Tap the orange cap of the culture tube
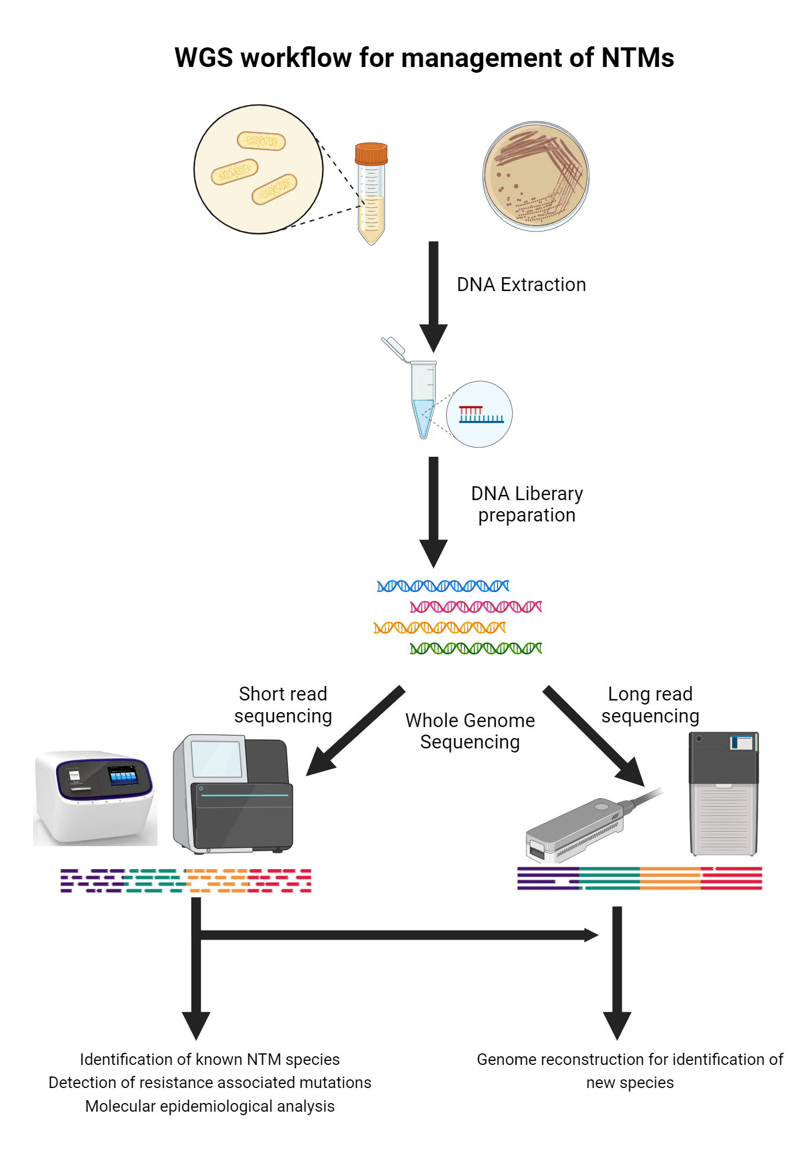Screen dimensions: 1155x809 pos(371,154)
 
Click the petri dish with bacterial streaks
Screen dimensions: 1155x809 pos(536,176)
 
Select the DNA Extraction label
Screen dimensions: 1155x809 pos(521,285)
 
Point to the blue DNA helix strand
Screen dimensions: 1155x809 pos(443,586)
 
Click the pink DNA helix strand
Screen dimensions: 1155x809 pos(476,607)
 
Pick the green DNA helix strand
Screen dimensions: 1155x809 pos(476,649)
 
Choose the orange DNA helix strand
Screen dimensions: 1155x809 pos(439,628)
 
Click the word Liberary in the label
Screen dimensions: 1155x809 pos(548,494)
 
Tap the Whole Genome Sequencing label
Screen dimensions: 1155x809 pos(470,731)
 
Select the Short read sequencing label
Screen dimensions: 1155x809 pos(283,705)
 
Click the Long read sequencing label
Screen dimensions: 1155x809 pos(650,705)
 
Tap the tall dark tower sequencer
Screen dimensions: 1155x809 pos(723,794)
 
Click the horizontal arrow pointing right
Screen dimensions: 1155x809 pos(399,935)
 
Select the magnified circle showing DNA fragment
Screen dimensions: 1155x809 pos(479,414)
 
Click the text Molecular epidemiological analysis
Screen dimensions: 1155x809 pos(210,1106)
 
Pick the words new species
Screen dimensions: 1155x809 pos(630,1083)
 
